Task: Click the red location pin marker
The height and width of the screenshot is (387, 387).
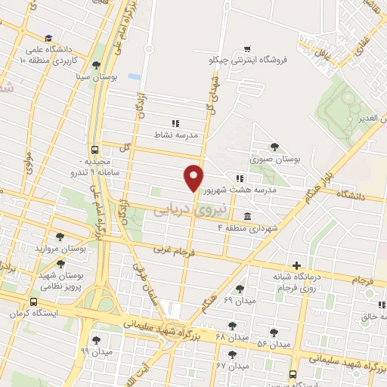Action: coord(194,177)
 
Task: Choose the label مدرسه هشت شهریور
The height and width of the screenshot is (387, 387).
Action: coord(274,190)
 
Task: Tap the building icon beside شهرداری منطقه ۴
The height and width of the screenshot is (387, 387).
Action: coord(248,217)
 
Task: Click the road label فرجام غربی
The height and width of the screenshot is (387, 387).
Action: coord(174,247)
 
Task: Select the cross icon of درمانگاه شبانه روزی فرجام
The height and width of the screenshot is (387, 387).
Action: coord(296,265)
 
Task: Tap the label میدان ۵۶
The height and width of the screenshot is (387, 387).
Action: coord(273,344)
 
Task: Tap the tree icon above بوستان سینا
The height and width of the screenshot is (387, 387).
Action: coord(96,64)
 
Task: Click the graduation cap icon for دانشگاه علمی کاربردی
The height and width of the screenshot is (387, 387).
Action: coord(48,38)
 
